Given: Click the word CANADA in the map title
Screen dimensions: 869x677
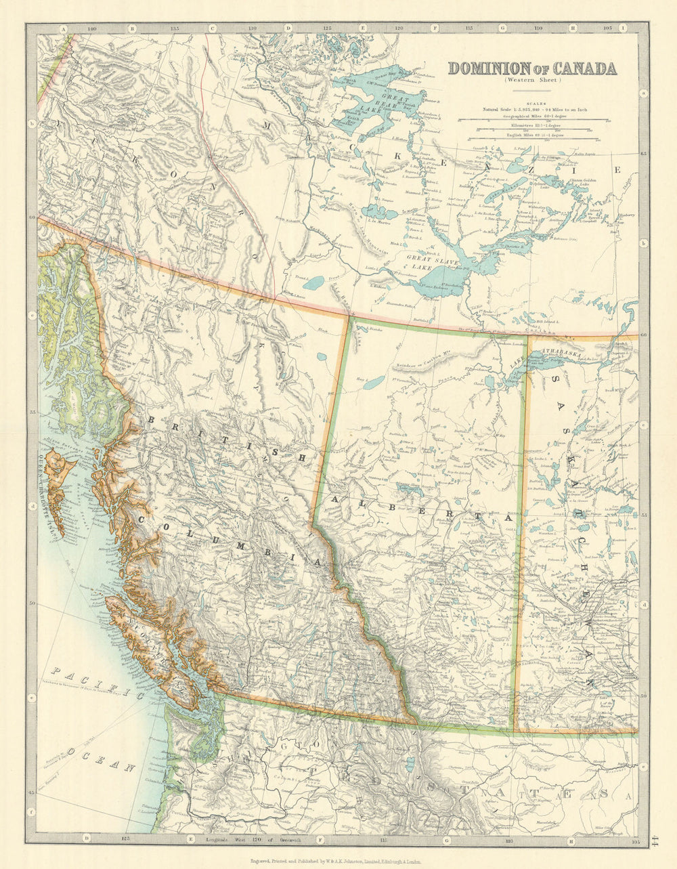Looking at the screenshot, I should (584, 68).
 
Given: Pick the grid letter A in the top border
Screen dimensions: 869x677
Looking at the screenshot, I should (63, 29).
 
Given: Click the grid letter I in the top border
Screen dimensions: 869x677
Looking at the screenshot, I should (623, 29).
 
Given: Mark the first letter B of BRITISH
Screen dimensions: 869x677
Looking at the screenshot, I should (151, 421).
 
